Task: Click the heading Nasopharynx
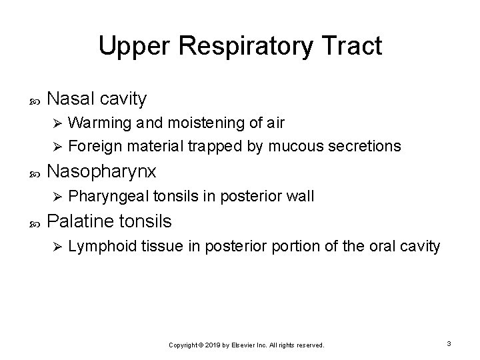pos(103,171)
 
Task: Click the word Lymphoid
pos(97,247)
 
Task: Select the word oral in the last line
pos(379,247)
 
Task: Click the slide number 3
pos(449,343)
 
